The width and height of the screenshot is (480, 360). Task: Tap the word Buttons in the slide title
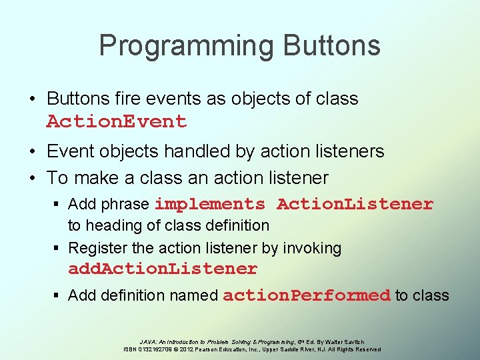(x=331, y=46)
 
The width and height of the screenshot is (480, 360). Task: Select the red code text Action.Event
(x=117, y=122)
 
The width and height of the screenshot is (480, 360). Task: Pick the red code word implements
(x=210, y=204)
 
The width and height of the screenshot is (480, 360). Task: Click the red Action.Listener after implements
(x=355, y=204)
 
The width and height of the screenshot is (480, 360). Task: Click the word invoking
(x=312, y=248)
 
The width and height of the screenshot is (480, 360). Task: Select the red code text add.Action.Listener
(x=163, y=269)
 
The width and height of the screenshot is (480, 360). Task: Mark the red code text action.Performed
(x=307, y=295)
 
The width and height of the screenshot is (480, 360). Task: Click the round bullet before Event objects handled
(x=32, y=152)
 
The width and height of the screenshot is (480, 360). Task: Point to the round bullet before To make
(x=32, y=178)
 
